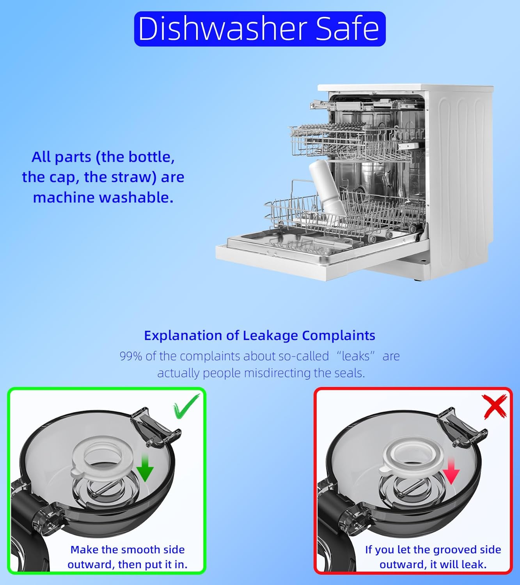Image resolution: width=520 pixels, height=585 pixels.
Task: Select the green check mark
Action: click(x=186, y=406)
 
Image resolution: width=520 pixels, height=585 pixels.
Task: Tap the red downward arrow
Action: click(x=451, y=471)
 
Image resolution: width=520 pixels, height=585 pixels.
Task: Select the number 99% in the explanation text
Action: click(x=131, y=356)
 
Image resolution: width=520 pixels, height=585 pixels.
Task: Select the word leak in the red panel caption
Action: click(x=473, y=564)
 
